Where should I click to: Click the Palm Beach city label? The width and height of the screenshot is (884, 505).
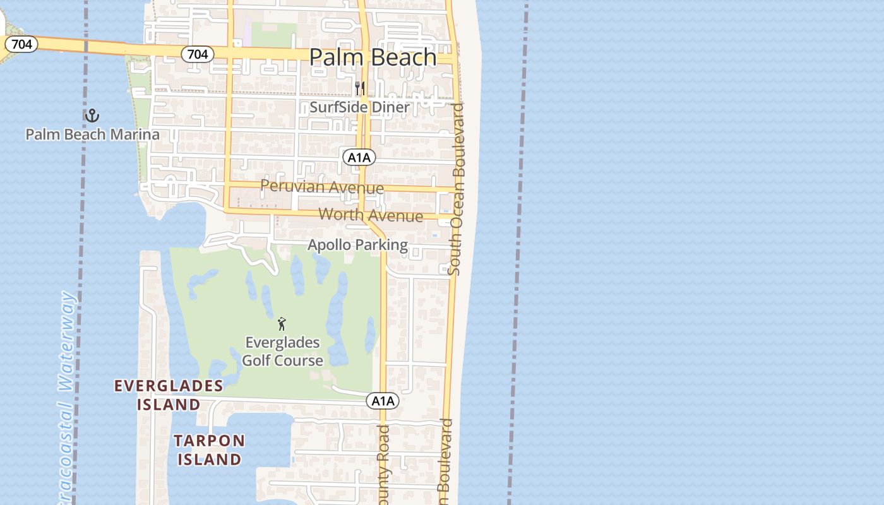tap(373, 57)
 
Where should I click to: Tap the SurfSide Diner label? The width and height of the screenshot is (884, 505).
tap(359, 107)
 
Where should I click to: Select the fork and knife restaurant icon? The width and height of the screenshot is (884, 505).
tap(360, 88)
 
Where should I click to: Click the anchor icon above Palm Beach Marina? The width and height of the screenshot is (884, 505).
tap(92, 116)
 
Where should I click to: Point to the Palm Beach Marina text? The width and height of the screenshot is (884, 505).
tap(92, 134)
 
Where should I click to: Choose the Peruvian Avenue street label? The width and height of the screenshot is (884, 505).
tap(322, 187)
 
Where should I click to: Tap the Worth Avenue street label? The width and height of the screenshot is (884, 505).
tap(371, 215)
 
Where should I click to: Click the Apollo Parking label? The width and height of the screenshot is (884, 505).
tap(357, 245)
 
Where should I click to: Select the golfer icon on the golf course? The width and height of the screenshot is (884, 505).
tap(282, 324)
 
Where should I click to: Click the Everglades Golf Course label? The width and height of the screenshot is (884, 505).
tap(283, 352)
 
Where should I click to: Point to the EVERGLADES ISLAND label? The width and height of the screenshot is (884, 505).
tap(169, 395)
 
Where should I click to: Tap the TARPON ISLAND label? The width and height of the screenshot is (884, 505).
tap(209, 449)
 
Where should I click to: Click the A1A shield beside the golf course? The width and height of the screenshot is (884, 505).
tap(383, 401)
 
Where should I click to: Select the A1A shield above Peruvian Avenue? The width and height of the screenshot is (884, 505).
tap(359, 157)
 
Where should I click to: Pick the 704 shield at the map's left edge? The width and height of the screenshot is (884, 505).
tap(22, 44)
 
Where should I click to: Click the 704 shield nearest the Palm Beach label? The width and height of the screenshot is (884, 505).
tap(198, 54)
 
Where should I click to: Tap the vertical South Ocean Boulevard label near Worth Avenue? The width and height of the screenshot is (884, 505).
tap(458, 189)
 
